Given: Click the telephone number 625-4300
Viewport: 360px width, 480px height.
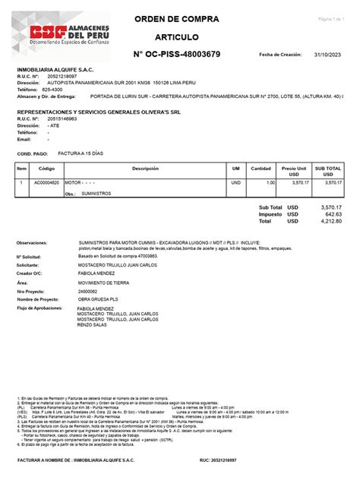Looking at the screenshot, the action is pyautogui.click(x=52, y=90).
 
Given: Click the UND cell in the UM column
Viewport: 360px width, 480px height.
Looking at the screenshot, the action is pyautogui.click(x=235, y=184).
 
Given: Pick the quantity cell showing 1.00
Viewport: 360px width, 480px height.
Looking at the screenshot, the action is pyautogui.click(x=270, y=184).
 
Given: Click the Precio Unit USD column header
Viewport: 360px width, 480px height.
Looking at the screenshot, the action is pyautogui.click(x=294, y=171).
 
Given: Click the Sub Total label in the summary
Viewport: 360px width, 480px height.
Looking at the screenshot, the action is pyautogui.click(x=270, y=207).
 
